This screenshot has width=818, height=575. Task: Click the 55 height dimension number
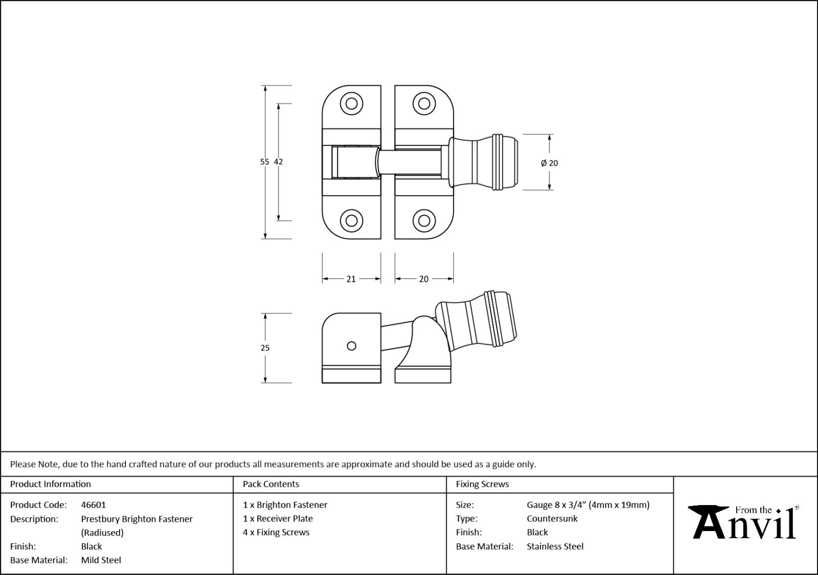pos(264,162)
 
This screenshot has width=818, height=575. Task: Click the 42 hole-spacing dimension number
pos(278,162)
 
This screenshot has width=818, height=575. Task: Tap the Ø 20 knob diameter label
pos(549,163)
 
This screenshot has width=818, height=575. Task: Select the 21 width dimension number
pos(351,279)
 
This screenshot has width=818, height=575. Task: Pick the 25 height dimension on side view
pos(265,348)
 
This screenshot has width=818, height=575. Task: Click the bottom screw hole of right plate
pos(424,221)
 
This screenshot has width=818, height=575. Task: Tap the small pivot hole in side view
pos(351,346)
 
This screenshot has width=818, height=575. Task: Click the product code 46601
pos(93,505)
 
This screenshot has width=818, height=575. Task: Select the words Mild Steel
pos(101,560)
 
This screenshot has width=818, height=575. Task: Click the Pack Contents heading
pos(270,484)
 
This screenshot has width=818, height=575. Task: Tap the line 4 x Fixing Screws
pos(276,532)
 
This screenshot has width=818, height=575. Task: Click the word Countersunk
pos(552,518)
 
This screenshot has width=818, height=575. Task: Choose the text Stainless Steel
pos(555,546)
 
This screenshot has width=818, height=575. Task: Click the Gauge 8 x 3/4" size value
pos(588,505)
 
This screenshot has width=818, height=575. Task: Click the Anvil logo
pos(744,522)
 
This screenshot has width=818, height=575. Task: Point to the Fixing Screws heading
pos(482,484)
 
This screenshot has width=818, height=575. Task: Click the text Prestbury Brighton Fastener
pos(137,519)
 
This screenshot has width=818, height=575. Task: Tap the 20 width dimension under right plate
pos(423,279)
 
